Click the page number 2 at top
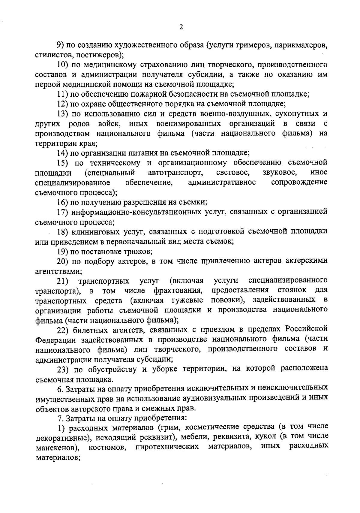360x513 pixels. click(x=181, y=27)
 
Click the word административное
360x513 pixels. click(x=222, y=183)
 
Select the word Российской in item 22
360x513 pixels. click(x=306, y=329)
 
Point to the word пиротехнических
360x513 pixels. click(x=167, y=447)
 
